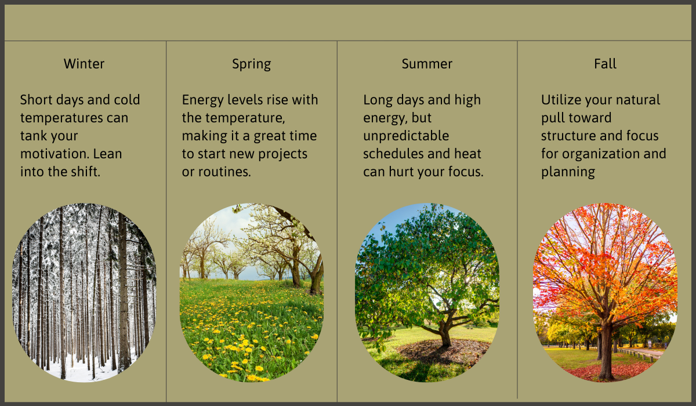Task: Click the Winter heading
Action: point(84,64)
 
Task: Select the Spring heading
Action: point(251,64)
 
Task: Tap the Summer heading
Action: point(427,64)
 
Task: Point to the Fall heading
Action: point(605,64)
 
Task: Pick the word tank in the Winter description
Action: point(33,136)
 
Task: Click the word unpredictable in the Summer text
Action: point(406,136)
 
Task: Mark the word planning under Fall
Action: point(568,172)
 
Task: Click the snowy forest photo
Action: point(84,293)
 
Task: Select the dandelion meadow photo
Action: point(252,293)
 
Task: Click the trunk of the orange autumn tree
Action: point(607,348)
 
